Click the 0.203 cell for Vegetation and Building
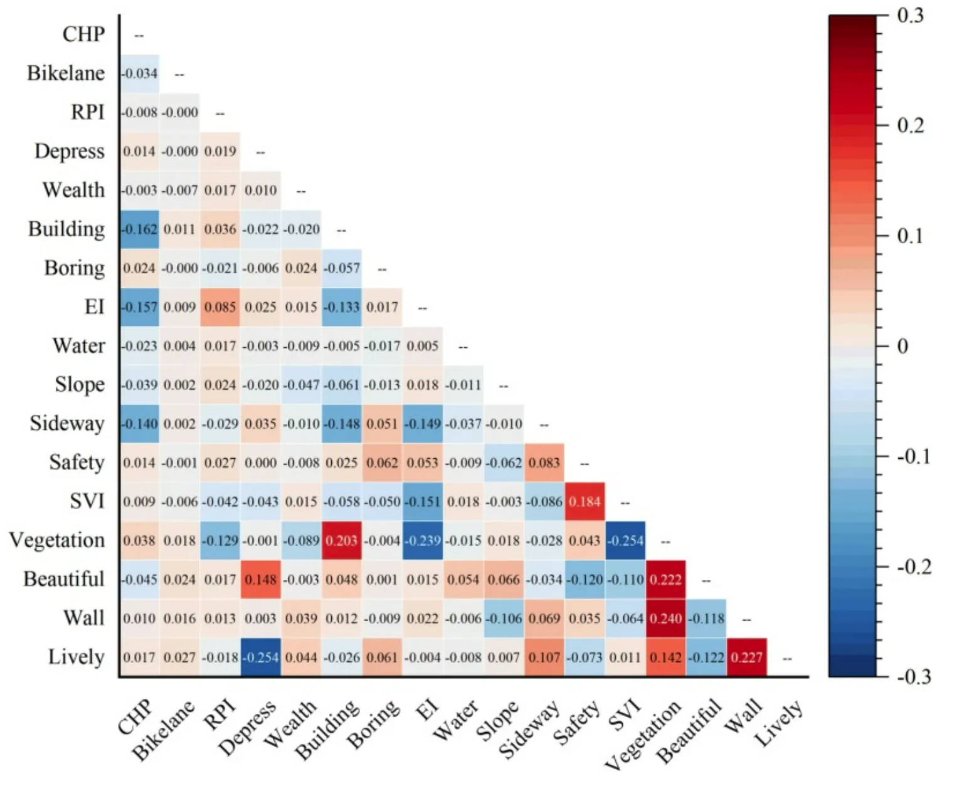point(341,540)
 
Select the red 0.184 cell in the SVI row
point(585,501)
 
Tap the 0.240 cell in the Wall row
point(665,618)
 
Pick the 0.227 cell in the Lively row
point(746,657)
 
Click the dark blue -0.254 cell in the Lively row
point(260,657)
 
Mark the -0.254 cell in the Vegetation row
point(625,540)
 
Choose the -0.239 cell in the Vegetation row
point(422,540)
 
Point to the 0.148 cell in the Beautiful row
point(260,579)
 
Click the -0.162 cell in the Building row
point(139,229)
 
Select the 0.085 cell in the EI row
point(220,307)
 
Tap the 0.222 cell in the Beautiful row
point(665,579)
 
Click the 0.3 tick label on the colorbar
point(910,15)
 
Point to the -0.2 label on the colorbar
point(913,567)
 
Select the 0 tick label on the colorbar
point(902,346)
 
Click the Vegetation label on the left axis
point(57,540)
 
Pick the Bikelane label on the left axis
point(66,73)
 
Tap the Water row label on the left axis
point(79,346)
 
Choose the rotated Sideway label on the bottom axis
point(528,728)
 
